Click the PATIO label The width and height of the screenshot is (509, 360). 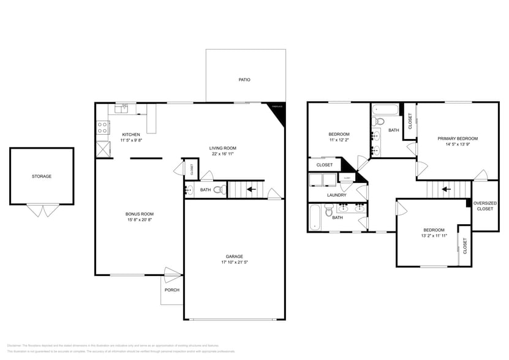click(244, 80)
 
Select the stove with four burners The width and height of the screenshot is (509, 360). click(102, 129)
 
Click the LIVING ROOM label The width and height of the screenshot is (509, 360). click(223, 148)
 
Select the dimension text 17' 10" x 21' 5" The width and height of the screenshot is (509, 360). click(234, 262)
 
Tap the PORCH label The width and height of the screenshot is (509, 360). click(172, 290)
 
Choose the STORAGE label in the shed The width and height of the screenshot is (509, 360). click(42, 176)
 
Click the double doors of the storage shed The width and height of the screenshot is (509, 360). click(42, 211)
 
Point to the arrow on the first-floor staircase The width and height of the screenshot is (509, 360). click(250, 189)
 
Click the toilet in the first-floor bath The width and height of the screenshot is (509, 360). click(218, 190)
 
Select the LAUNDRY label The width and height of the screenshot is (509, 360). click(336, 195)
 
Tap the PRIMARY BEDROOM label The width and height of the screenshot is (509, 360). click(458, 138)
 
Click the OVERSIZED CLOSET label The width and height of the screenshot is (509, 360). click(485, 206)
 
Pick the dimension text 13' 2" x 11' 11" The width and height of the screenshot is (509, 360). click(434, 235)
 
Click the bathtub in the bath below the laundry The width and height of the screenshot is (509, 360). click(315, 217)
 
